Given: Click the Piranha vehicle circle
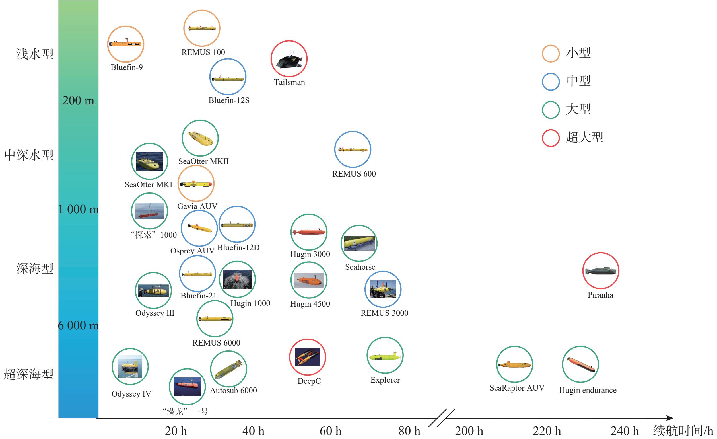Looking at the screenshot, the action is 601,253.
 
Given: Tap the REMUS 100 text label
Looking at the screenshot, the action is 203,52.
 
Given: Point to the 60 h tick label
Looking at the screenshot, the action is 331,431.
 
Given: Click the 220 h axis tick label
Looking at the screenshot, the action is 547,431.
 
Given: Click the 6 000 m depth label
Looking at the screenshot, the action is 78,325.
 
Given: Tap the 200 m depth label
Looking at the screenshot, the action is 78,100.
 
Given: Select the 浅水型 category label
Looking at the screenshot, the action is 35,54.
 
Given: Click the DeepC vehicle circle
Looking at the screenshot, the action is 308,339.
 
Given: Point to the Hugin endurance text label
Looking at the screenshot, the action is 588,390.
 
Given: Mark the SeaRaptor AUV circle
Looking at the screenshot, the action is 514,346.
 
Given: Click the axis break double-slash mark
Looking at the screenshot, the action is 442,418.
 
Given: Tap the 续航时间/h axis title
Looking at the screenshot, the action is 683,430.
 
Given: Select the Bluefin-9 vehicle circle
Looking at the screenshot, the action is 126,26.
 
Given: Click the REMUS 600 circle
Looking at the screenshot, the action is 353,131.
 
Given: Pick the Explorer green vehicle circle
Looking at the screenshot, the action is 385,337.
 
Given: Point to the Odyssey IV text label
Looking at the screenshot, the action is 131,394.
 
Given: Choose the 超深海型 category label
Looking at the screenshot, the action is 28,374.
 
